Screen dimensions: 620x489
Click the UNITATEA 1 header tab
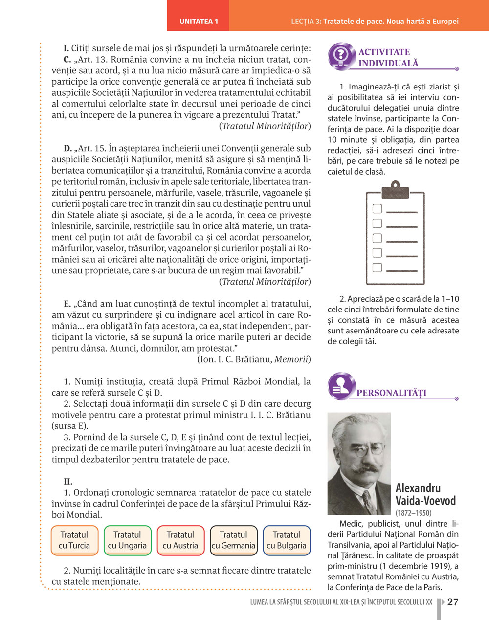199,22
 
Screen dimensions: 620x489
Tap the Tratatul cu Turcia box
74,540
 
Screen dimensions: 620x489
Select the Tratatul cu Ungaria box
127,540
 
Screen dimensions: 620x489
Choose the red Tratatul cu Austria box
180,540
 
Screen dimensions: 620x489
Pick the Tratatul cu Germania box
233,540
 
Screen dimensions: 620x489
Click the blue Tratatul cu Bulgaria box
287,540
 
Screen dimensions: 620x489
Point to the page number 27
453,602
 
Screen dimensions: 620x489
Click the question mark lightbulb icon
342,55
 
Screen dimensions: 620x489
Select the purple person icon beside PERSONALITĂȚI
341,385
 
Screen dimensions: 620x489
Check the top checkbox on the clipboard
377,209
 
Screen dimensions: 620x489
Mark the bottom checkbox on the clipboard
377,267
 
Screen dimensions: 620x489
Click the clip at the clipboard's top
395,188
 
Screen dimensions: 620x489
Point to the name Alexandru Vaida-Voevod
425,494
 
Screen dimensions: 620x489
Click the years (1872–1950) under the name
413,513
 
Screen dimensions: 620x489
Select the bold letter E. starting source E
67,304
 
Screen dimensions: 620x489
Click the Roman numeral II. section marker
68,482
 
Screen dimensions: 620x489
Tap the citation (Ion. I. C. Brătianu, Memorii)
253,360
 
